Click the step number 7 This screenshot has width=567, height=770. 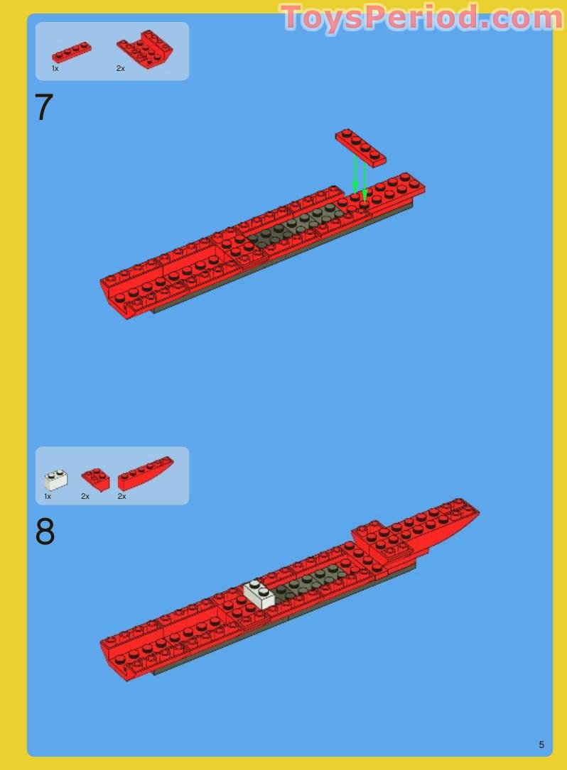pos(43,108)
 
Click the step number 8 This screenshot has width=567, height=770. pos(45,532)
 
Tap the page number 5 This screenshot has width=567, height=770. pos(541,744)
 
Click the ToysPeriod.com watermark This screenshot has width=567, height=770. pos(422,17)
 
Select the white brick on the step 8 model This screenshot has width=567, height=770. pos(259,595)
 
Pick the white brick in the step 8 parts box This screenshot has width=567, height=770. pos(56,480)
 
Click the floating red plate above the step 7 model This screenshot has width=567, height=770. pos(360,147)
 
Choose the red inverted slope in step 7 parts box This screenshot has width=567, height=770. pos(145,50)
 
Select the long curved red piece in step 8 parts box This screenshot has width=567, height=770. pos(146,473)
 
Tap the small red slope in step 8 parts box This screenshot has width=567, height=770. pos(95,479)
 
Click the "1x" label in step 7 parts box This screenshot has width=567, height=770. pos(55,69)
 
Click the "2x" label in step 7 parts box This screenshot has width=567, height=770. pos(121,69)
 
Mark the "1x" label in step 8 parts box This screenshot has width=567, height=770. pos(48,497)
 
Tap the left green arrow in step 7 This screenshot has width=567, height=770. pos(355,174)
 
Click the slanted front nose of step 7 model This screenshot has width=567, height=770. pos(117,298)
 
